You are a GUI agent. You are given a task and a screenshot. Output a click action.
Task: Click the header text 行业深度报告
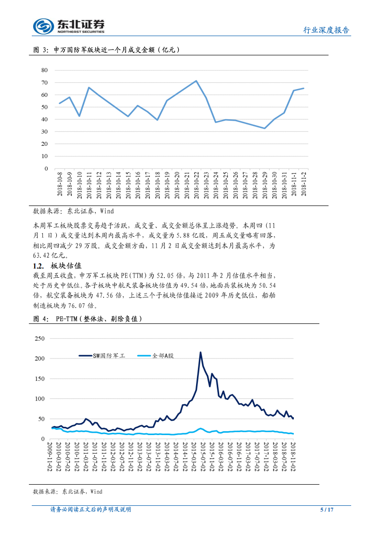pos(326,30)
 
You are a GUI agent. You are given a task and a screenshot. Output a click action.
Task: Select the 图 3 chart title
pos(106,50)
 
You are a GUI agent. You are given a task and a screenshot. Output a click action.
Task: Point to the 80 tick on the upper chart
pos(44,70)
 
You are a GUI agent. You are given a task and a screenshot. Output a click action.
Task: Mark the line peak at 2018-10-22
pos(196,81)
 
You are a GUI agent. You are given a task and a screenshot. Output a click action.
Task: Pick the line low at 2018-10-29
pos(264,128)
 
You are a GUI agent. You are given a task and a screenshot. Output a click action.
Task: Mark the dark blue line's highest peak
pos(200,352)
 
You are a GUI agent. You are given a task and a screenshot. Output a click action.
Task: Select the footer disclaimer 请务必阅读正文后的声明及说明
pos(91,509)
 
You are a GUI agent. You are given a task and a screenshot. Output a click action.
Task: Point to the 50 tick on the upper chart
pos(44,107)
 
